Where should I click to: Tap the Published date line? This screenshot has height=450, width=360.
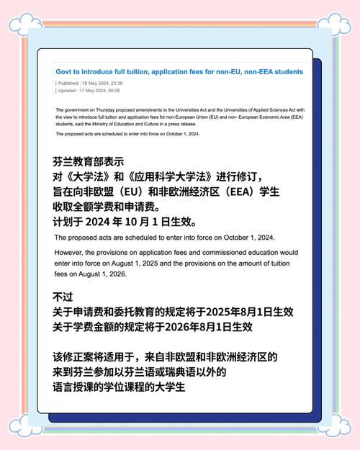tap(89, 84)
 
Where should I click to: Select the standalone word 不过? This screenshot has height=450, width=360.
tap(64, 297)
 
